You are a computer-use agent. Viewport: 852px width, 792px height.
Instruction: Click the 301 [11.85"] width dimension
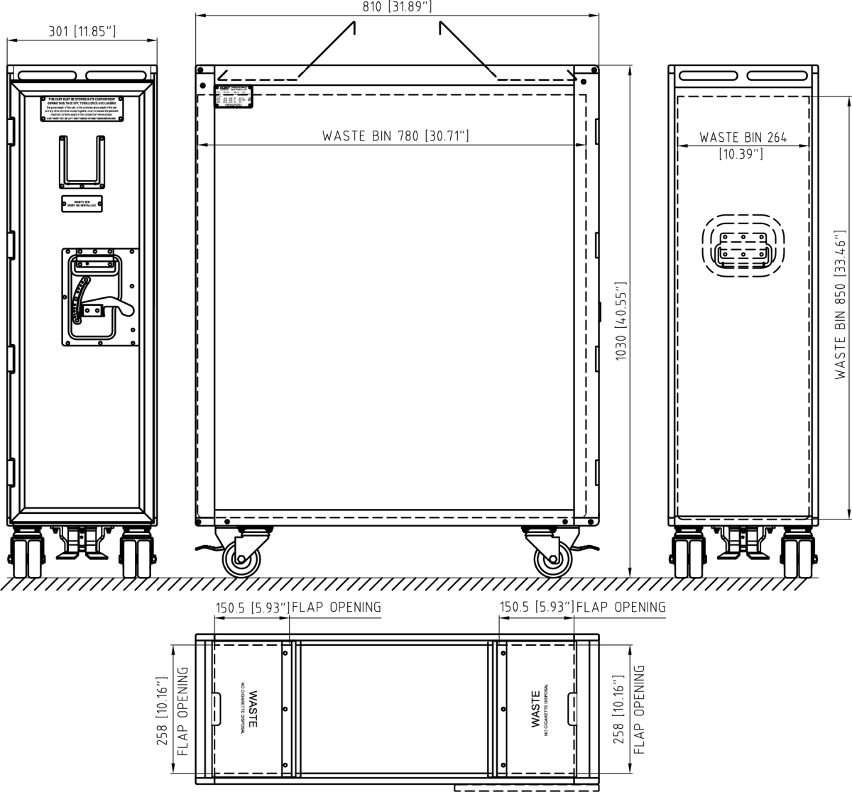click(82, 31)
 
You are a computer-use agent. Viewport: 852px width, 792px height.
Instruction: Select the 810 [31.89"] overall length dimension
click(397, 6)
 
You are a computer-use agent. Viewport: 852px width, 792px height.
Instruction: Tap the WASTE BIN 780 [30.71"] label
click(395, 136)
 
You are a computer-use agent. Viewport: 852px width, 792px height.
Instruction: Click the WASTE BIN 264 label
click(743, 138)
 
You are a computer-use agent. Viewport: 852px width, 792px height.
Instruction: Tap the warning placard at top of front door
click(82, 109)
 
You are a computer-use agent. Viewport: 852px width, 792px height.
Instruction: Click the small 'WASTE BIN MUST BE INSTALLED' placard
click(82, 204)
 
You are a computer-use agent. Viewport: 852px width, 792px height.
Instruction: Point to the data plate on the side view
click(234, 97)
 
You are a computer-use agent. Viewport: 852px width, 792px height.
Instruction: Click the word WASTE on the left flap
click(253, 710)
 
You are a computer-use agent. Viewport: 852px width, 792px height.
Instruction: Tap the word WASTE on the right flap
click(535, 710)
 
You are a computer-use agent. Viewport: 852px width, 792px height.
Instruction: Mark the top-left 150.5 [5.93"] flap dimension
click(253, 607)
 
